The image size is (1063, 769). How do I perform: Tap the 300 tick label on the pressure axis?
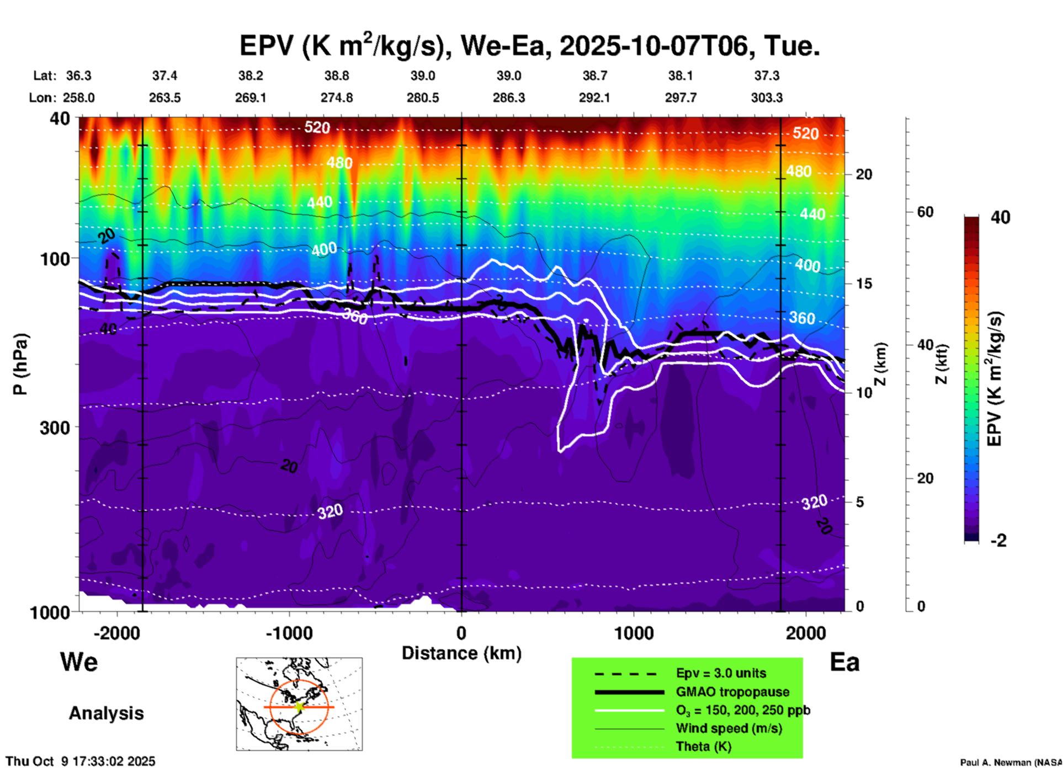[x=55, y=428]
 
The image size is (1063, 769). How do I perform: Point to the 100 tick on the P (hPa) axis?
[x=55, y=259]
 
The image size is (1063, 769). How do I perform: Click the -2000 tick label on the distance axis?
[x=116, y=633]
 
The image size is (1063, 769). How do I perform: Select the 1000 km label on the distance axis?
[x=634, y=633]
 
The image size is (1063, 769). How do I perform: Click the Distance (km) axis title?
[x=461, y=653]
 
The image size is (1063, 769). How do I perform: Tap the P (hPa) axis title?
[x=20, y=364]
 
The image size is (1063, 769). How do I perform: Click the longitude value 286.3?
[x=508, y=98]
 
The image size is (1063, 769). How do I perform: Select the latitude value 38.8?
[x=336, y=76]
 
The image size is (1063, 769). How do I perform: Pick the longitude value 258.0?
[x=78, y=98]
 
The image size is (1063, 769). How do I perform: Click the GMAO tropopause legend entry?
[x=732, y=692]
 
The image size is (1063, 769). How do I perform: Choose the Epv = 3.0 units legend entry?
[x=721, y=673]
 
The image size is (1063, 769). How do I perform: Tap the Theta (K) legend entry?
[x=703, y=746]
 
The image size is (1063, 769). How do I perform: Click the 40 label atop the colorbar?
[x=1000, y=217]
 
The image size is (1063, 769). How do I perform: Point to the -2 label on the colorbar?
[x=998, y=541]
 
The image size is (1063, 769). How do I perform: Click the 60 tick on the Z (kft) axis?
[x=925, y=212]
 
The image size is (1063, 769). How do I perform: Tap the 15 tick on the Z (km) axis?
[x=864, y=284]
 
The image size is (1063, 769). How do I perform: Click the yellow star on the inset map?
[x=299, y=707]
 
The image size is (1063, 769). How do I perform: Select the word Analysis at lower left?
[x=106, y=713]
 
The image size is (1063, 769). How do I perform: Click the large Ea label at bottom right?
[x=844, y=663]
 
